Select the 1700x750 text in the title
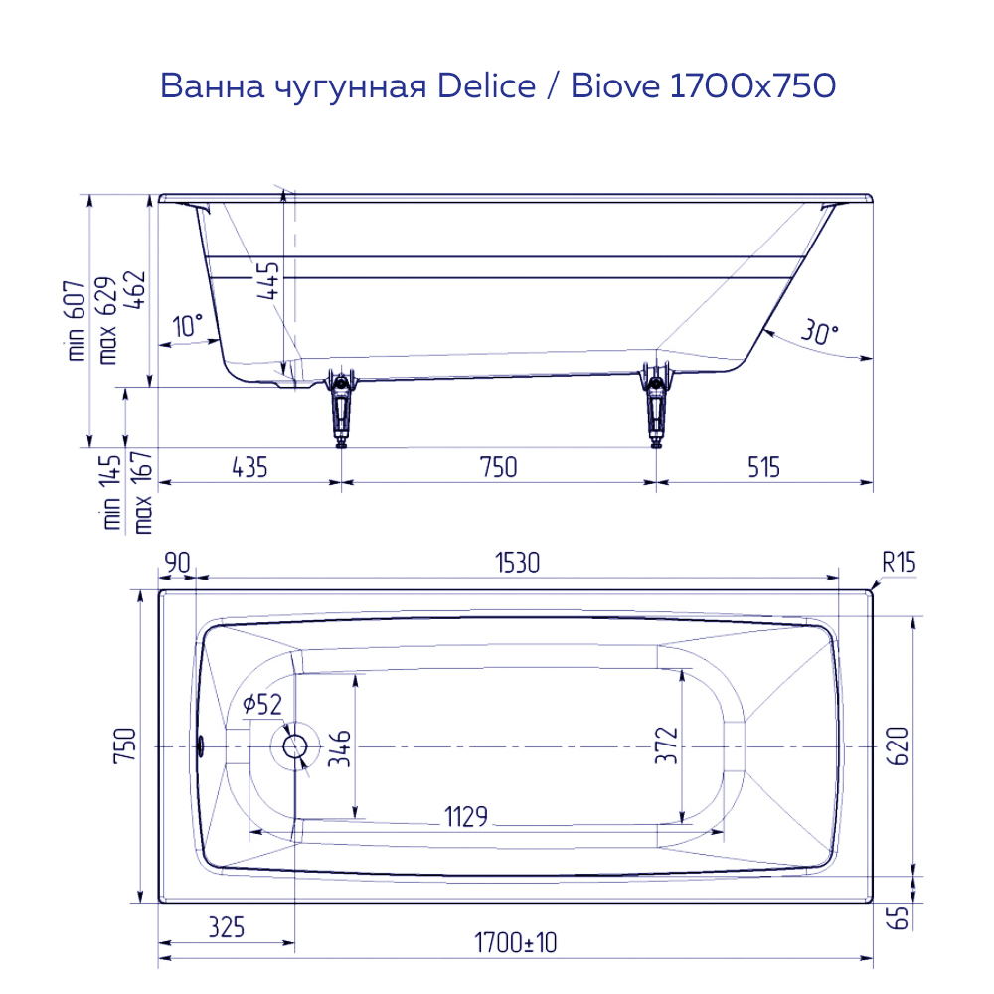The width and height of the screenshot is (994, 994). (x=751, y=86)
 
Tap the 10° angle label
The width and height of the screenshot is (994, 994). (x=187, y=325)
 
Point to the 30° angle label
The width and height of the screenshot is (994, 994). (x=817, y=334)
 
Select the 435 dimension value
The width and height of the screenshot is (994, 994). (x=248, y=466)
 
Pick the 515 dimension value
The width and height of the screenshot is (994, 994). (x=763, y=466)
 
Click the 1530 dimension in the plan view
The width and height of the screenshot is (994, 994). (x=517, y=563)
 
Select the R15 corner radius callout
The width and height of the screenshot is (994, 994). (x=898, y=563)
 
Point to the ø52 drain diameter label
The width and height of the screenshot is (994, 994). (x=262, y=705)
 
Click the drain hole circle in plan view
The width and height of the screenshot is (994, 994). (x=295, y=745)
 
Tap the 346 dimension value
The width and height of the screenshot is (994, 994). (x=340, y=747)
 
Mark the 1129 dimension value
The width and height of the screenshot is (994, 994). (x=465, y=817)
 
